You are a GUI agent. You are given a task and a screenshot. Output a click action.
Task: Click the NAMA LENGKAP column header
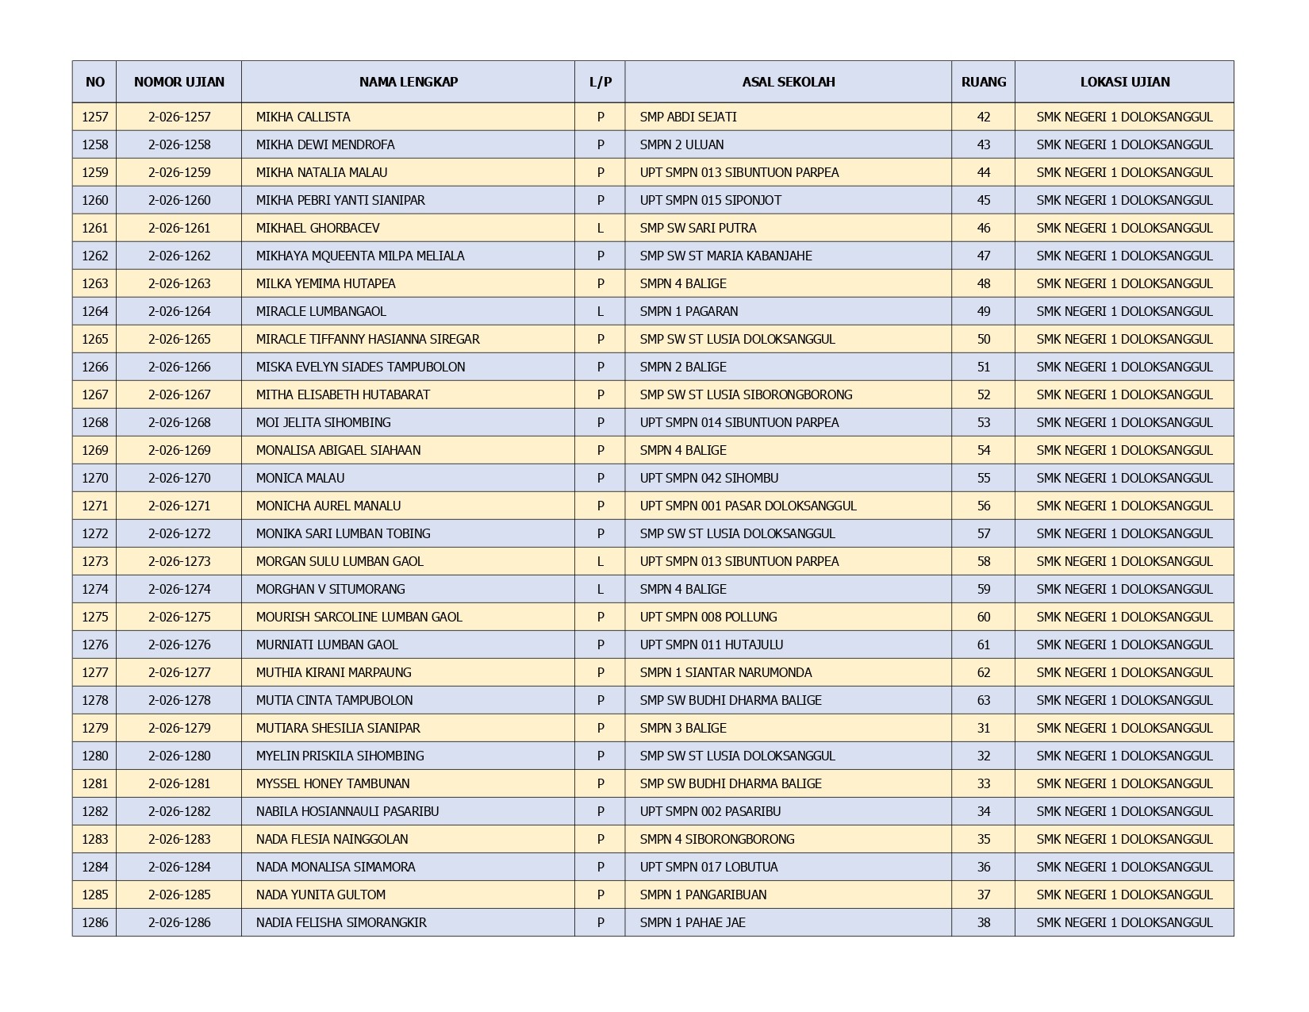click(408, 82)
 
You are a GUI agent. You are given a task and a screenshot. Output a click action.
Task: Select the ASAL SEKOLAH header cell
click(788, 82)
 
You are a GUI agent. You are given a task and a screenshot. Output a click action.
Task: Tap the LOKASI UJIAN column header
click(1124, 82)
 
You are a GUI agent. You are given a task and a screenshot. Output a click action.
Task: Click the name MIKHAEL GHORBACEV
click(317, 228)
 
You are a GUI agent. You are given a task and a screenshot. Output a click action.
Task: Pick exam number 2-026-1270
click(179, 478)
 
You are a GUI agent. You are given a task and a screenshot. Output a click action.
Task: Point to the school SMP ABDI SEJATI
click(688, 117)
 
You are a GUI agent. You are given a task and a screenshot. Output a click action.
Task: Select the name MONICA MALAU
click(300, 478)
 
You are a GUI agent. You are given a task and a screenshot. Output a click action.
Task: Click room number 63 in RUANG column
click(984, 700)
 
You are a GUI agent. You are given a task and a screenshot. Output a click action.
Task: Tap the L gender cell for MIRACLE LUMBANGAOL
click(601, 311)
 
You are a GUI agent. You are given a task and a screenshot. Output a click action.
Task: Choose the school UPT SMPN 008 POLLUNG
click(708, 617)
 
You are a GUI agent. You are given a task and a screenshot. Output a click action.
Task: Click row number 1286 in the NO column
click(94, 922)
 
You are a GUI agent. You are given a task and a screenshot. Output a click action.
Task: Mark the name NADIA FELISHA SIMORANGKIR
click(341, 922)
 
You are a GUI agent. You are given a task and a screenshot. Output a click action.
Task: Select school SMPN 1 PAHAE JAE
click(693, 922)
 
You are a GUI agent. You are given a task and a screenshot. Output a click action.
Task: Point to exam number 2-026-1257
click(179, 117)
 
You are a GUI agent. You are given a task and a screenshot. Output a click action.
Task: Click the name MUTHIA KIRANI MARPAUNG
click(333, 672)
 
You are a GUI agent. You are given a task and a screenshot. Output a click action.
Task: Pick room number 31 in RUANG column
click(984, 728)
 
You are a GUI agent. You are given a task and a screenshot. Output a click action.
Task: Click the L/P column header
click(601, 82)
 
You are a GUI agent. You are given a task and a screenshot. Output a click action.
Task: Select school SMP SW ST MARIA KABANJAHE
click(726, 256)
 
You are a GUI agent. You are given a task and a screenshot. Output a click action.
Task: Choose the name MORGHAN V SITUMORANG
click(330, 589)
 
